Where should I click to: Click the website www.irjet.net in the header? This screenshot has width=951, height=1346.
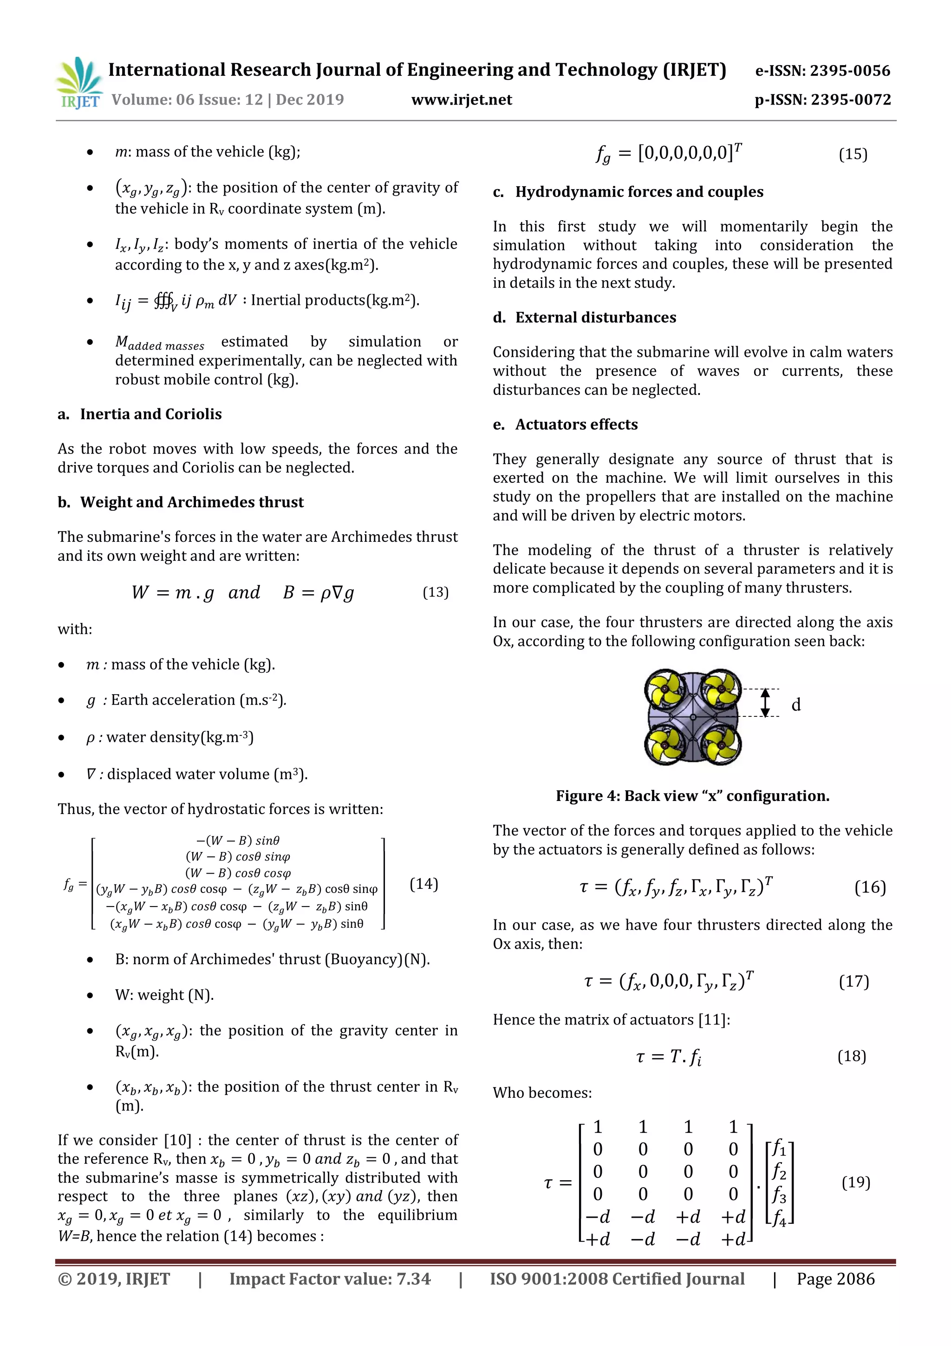[462, 99]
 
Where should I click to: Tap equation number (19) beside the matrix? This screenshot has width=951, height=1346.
[855, 1182]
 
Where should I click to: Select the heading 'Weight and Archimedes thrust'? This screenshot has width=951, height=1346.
[192, 502]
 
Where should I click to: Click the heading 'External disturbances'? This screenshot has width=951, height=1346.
[595, 317]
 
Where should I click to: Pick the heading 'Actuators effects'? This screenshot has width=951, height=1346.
[576, 425]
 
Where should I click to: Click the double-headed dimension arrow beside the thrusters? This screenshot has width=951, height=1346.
[765, 703]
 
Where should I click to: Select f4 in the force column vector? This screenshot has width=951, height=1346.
[779, 1218]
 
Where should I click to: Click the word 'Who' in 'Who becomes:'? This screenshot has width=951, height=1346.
[508, 1093]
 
